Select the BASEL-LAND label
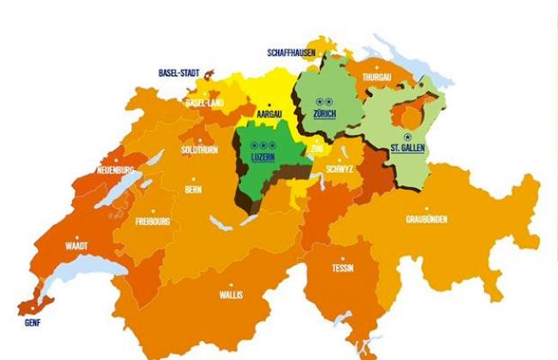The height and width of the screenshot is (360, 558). pos(205,102)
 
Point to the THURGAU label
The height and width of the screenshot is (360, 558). pos(378,77)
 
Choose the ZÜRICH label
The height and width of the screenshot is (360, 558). pos(324,114)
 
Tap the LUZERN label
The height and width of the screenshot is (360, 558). pos(264,159)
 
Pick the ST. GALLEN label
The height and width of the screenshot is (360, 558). pos(408,149)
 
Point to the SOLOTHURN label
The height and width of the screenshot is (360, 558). pos(200,149)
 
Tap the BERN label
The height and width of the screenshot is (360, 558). pos(193,189)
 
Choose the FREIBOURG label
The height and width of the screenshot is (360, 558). pos(153,222)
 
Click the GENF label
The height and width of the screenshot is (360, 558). pos(33,323)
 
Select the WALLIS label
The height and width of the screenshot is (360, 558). pos(231,295)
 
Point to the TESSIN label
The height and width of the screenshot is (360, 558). pos(342,267)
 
